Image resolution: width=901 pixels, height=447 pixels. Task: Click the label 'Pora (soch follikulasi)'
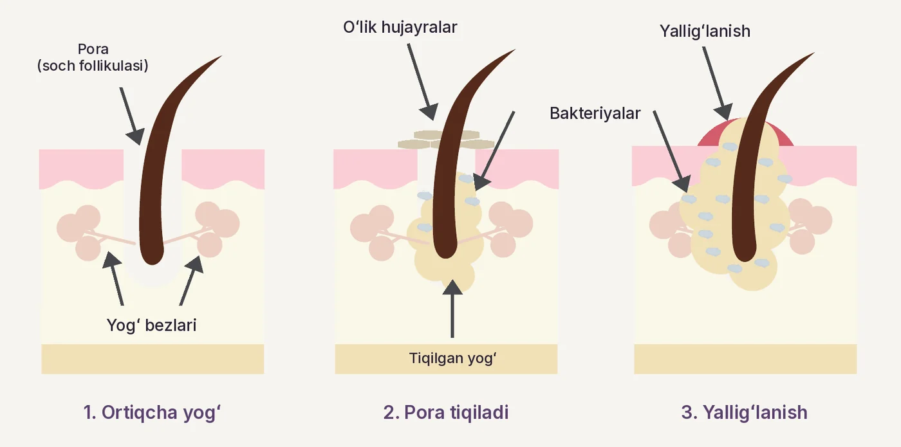93,57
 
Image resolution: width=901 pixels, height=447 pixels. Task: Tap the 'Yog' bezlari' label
151,325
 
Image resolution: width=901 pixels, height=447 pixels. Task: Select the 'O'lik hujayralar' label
400,27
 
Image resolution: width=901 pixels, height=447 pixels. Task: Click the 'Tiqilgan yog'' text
452,358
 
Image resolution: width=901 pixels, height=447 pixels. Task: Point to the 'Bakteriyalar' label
595,113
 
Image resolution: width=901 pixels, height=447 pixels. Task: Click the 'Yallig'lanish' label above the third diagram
705,31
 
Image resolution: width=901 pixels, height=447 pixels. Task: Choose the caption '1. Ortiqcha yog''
152,412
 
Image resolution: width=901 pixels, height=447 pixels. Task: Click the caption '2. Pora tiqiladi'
445,412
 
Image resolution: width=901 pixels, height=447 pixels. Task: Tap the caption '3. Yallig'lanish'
744,412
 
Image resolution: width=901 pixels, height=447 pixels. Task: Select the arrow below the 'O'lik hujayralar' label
422,82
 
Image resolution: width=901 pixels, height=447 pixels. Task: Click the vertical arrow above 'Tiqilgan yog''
452,308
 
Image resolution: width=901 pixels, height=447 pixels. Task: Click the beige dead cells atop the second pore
445,140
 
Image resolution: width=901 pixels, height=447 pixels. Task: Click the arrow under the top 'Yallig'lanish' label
718,84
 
